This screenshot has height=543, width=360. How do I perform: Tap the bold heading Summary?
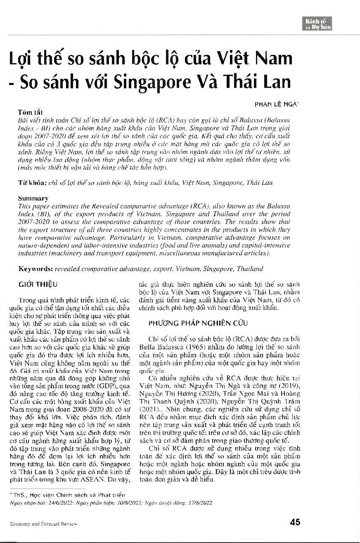coord(33,198)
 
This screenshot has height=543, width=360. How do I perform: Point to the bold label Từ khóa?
coord(31,182)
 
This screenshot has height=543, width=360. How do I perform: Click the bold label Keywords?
coord(35,269)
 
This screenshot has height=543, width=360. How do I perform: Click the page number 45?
coord(295,522)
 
